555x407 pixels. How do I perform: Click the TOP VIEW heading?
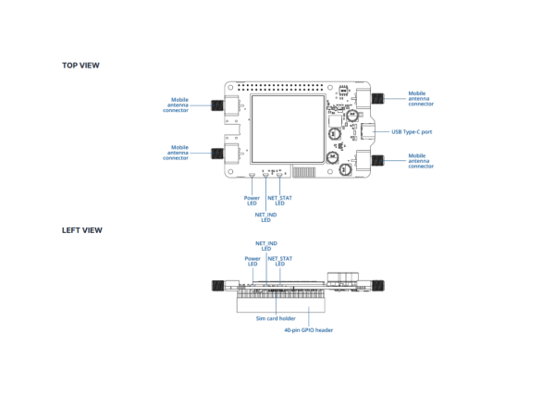(x=80, y=66)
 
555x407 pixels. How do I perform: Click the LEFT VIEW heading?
(x=81, y=229)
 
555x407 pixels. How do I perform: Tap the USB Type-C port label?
(x=412, y=131)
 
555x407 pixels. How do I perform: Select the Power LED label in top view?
(x=252, y=200)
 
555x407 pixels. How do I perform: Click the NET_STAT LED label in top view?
(x=279, y=200)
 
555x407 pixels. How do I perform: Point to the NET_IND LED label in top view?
(x=265, y=217)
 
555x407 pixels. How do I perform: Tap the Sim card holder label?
(x=276, y=317)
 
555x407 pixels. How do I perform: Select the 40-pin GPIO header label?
(x=309, y=328)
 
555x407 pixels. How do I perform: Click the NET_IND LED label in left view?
(x=265, y=245)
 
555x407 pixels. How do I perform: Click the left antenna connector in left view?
(x=216, y=287)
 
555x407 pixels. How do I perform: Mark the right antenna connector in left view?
(x=377, y=287)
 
